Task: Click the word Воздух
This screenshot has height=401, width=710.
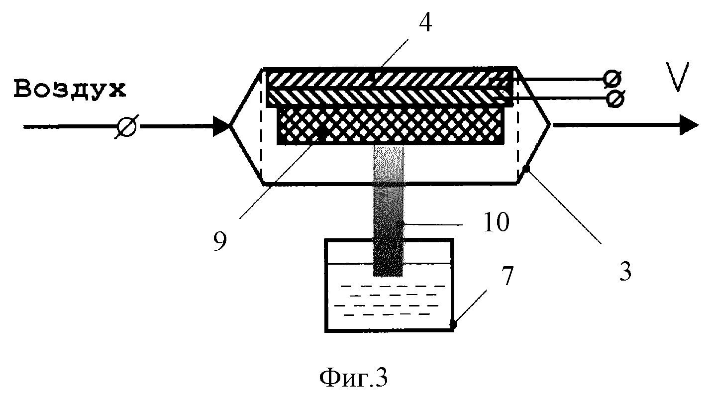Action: tap(70, 90)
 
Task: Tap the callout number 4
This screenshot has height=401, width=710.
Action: tap(425, 23)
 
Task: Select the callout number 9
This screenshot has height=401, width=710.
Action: tap(220, 241)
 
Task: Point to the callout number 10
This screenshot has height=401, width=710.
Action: tap(497, 222)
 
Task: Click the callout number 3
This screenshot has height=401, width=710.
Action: tap(626, 271)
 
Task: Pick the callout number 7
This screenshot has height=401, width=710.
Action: tap(507, 276)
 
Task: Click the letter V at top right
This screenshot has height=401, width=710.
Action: tap(678, 77)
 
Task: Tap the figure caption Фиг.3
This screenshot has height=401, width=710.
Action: tap(353, 378)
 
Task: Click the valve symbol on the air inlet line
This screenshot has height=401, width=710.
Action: tap(126, 127)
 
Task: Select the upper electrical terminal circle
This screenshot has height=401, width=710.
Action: tap(612, 79)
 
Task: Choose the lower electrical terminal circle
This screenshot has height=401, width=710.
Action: tap(615, 99)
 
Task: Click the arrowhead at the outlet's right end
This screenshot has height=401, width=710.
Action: tap(689, 125)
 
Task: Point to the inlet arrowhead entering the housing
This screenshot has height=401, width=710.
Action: tap(221, 126)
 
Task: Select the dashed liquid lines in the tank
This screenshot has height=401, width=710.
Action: tap(389, 301)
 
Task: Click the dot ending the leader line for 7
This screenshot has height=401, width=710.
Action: tap(453, 324)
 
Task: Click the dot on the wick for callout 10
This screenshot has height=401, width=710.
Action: tap(401, 224)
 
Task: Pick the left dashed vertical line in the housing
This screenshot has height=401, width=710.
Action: tap(261, 125)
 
